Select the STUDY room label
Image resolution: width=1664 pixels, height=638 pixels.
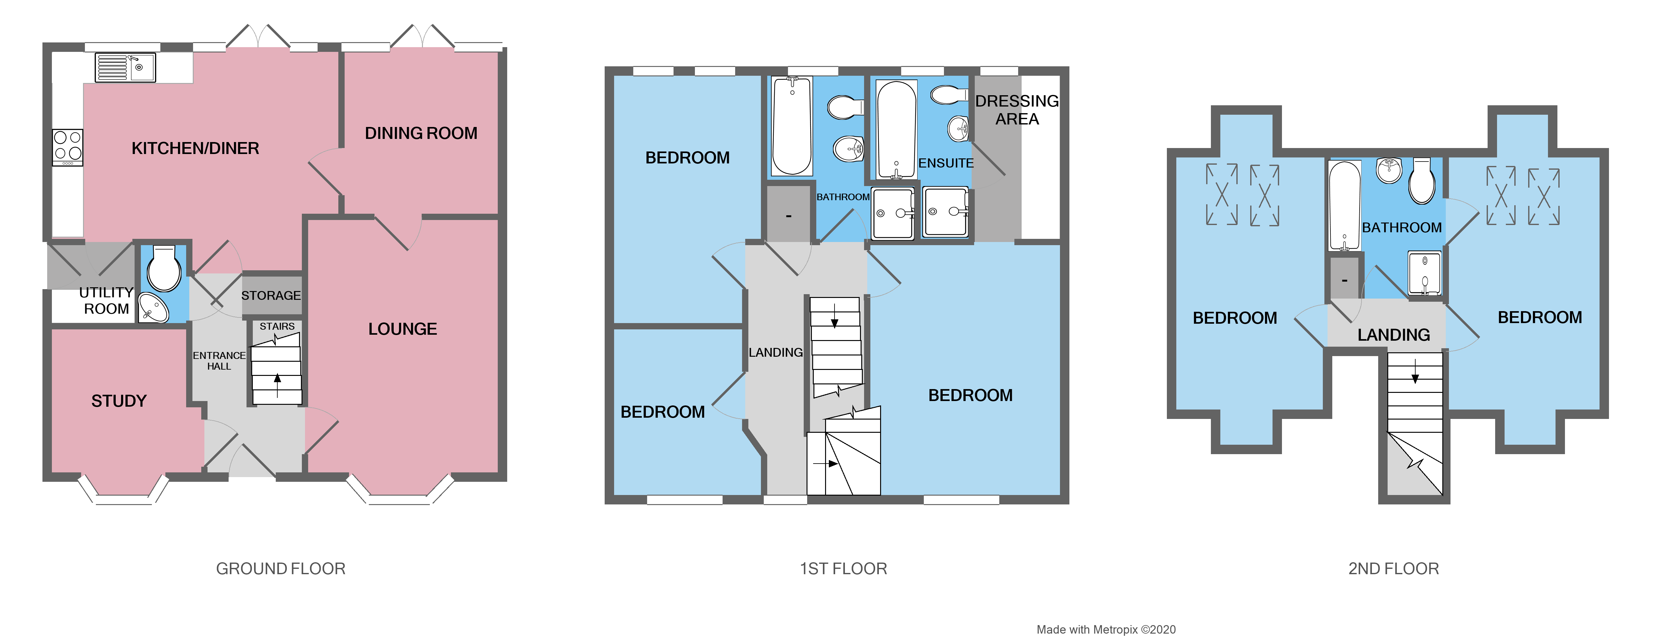(119, 401)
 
